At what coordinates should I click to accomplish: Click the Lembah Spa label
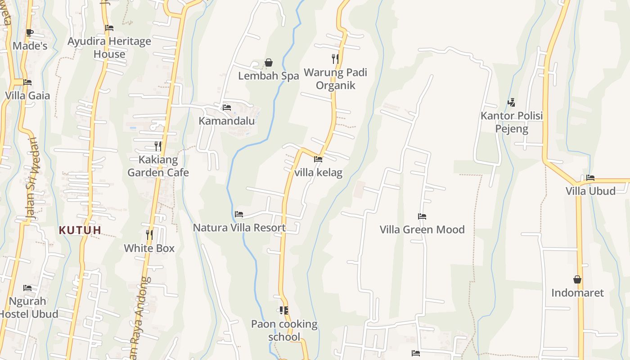click(268, 76)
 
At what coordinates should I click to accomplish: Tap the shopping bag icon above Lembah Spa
click(269, 63)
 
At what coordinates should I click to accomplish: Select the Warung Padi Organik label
click(335, 79)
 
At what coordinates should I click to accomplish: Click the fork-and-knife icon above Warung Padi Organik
click(335, 58)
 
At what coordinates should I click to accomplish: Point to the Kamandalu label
click(227, 121)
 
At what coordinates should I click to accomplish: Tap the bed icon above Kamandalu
click(227, 108)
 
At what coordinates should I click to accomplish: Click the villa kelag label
click(318, 172)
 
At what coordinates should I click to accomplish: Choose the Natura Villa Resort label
click(239, 228)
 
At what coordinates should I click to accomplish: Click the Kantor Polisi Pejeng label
click(512, 122)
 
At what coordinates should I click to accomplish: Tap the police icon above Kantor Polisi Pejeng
click(511, 103)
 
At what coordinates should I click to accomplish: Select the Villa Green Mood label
click(422, 229)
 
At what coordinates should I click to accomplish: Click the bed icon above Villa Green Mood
click(422, 216)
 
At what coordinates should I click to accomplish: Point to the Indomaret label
click(577, 293)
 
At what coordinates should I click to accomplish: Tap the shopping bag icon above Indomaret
click(577, 279)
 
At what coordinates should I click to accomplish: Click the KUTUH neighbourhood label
click(80, 230)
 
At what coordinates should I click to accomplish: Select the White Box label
click(149, 248)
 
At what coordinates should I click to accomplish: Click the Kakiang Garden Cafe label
click(158, 166)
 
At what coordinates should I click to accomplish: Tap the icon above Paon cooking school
click(284, 310)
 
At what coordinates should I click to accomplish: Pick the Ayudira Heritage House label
click(109, 48)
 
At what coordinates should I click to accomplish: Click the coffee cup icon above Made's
click(30, 32)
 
